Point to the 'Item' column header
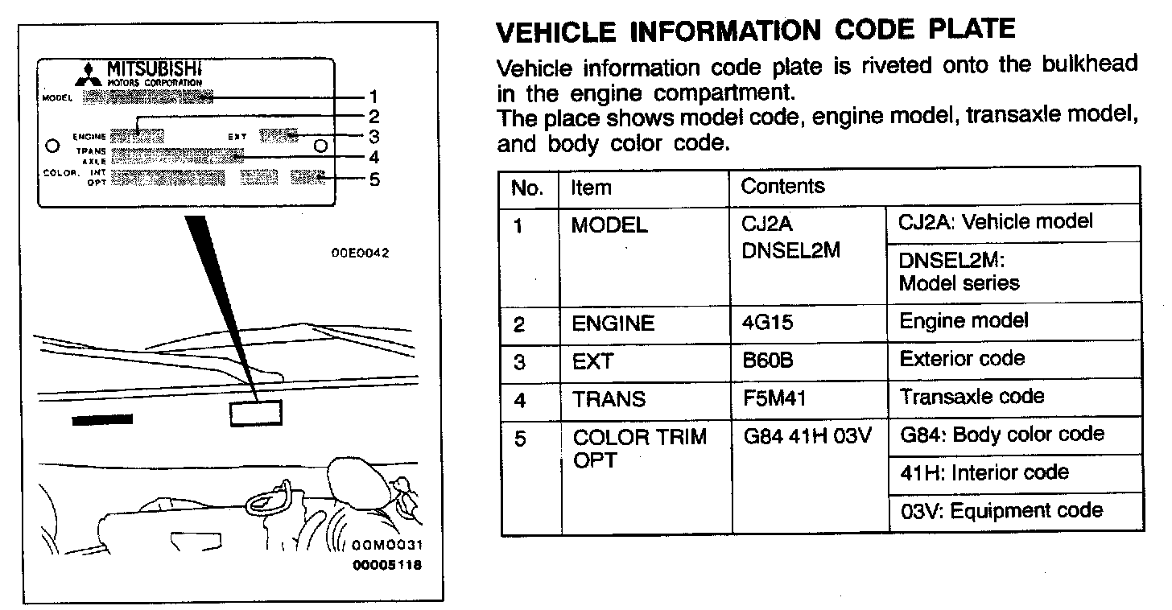coord(591,188)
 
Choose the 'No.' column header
coord(527,188)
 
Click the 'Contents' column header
coord(782,187)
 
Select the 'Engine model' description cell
coord(963,321)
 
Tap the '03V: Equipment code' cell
coord(1001,511)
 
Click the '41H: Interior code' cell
coord(984,473)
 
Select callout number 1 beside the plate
coord(373,98)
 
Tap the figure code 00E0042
coord(360,253)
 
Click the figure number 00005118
coord(386,564)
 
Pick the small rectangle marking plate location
coord(256,412)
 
